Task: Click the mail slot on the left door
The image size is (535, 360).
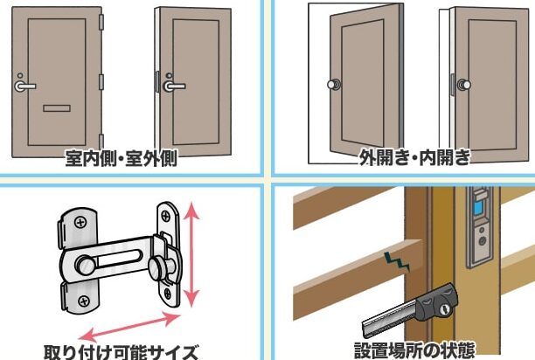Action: (x=57, y=108)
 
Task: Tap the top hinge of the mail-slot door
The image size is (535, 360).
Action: (x=101, y=22)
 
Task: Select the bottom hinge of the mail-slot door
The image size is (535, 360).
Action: (x=101, y=142)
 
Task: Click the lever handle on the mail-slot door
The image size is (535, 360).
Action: (x=24, y=86)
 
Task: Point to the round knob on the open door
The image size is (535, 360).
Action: (x=333, y=84)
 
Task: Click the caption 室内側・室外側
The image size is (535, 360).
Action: (x=122, y=158)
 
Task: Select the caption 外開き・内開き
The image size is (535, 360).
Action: (x=414, y=157)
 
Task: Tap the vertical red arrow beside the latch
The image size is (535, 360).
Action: (x=192, y=254)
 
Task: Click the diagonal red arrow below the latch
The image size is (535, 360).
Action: (x=129, y=328)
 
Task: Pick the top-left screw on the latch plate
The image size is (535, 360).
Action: (x=80, y=223)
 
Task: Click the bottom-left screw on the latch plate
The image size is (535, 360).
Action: (x=84, y=301)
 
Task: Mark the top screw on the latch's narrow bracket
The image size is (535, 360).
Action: (x=165, y=216)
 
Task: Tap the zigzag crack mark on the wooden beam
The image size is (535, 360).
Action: (x=397, y=261)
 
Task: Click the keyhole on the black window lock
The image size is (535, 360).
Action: (x=445, y=310)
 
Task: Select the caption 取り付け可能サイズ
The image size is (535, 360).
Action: (x=122, y=352)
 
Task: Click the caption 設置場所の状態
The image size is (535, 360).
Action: (x=414, y=350)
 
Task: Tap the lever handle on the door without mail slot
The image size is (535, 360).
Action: (x=174, y=86)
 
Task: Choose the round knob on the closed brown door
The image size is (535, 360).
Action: (x=464, y=85)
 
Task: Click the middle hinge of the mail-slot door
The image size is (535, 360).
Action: (x=101, y=82)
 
